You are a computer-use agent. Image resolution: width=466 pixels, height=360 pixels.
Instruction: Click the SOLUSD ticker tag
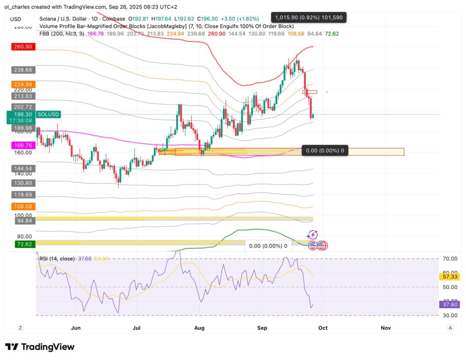(x=47, y=115)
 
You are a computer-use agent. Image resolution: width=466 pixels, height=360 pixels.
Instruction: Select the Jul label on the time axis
(x=137, y=327)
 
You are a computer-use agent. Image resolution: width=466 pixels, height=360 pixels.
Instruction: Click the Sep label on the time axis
(x=261, y=327)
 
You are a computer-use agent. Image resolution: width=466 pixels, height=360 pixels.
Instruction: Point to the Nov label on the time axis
(x=385, y=327)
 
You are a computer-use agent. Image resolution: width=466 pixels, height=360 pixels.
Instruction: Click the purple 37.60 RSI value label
(x=450, y=304)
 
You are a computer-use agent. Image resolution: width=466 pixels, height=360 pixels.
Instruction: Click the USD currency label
(x=15, y=19)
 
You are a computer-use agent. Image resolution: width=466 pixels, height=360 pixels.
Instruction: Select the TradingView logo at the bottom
(x=40, y=347)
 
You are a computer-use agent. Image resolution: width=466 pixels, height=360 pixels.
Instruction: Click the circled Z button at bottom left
(x=20, y=328)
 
